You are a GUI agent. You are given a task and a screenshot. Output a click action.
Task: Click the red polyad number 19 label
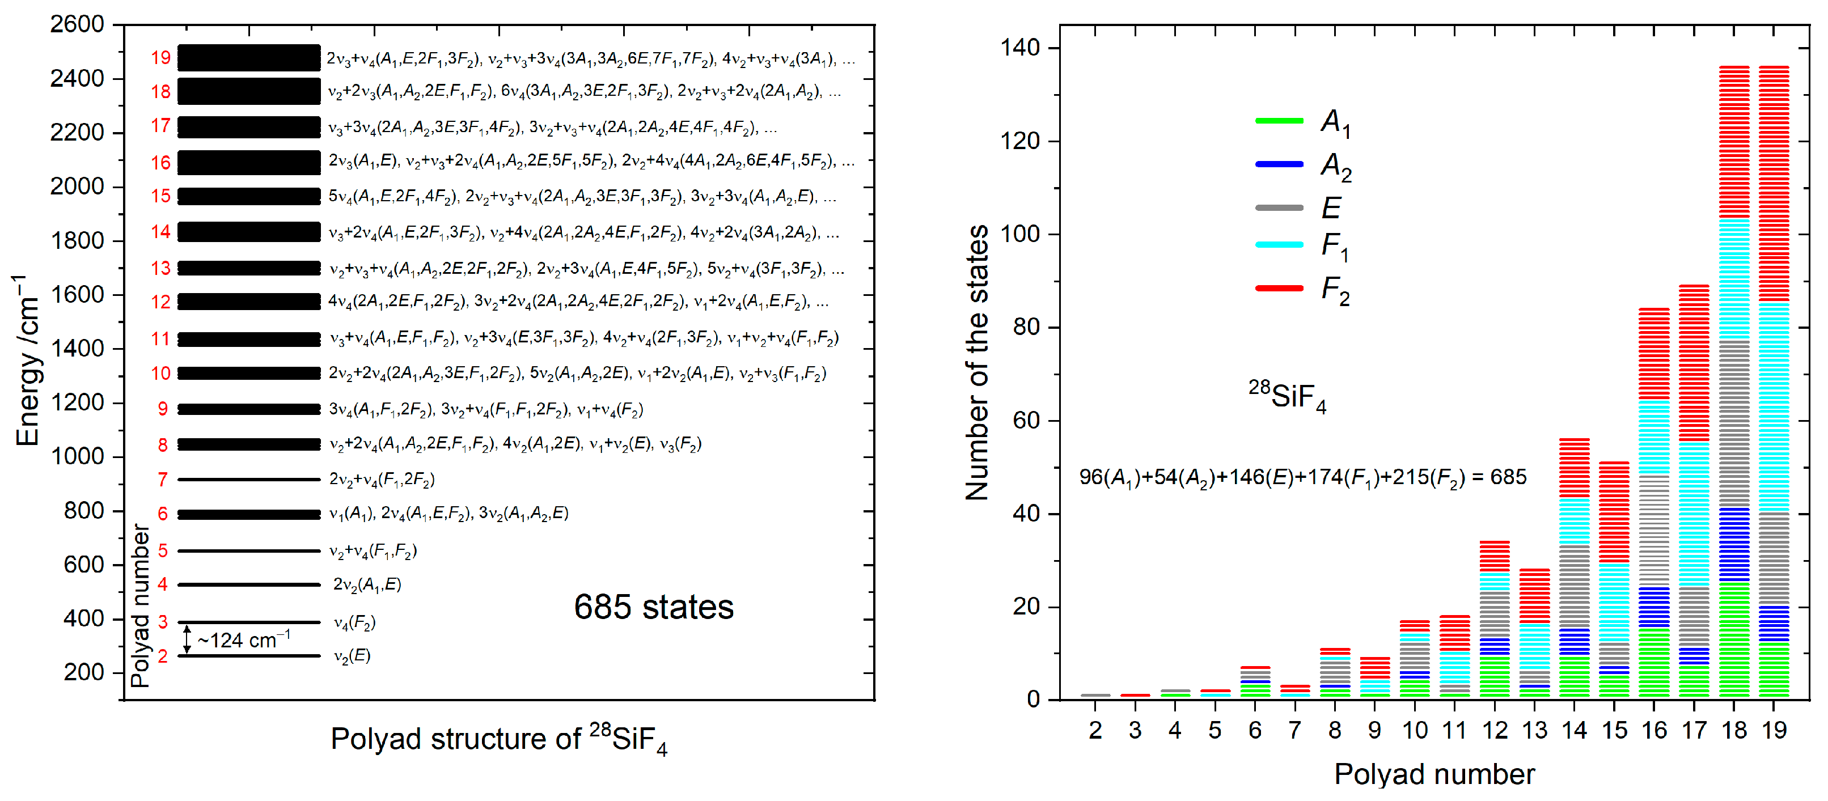(x=160, y=57)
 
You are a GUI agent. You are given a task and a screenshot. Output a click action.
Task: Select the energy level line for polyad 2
(x=248, y=655)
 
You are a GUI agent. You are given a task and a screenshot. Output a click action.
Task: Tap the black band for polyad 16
(x=248, y=163)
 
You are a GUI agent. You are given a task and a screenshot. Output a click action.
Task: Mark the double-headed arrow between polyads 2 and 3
(x=187, y=639)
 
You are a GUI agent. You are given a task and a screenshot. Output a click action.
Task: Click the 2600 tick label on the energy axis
(x=77, y=24)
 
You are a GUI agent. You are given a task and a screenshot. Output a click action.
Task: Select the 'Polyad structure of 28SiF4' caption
(x=499, y=740)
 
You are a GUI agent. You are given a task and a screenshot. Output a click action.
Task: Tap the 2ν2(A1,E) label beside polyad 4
(x=367, y=584)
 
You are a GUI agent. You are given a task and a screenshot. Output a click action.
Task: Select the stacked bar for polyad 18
(x=1734, y=383)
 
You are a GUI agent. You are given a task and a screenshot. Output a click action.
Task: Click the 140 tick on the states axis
(x=1019, y=48)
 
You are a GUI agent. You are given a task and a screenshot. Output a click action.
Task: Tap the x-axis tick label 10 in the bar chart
(x=1414, y=730)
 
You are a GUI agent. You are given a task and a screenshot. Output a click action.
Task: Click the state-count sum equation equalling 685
(x=1302, y=477)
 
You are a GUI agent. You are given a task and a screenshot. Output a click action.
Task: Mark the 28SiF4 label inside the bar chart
(x=1287, y=396)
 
